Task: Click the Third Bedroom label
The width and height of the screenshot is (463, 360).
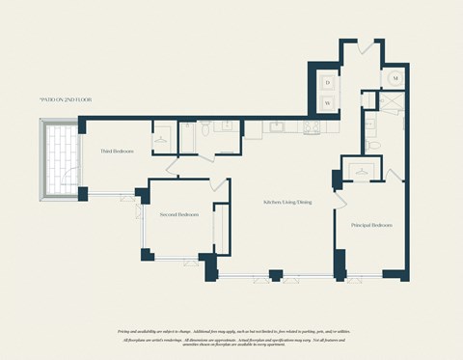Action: (117, 152)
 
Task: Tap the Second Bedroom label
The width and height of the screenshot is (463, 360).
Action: (179, 214)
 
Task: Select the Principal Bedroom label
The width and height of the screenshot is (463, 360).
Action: (371, 225)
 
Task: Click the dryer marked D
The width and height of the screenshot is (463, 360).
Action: (327, 83)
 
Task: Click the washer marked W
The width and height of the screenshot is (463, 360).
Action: (327, 102)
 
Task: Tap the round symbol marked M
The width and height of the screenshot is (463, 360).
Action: (396, 75)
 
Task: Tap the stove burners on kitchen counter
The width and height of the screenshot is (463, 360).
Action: (312, 126)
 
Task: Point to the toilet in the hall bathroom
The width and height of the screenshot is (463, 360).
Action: (205, 128)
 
